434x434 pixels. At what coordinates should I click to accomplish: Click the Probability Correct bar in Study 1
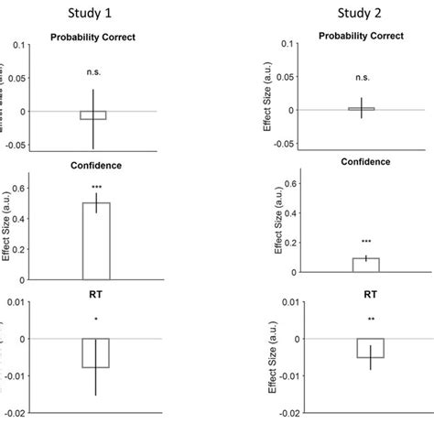pos(92,114)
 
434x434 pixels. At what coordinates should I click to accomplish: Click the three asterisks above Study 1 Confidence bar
pos(96,187)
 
